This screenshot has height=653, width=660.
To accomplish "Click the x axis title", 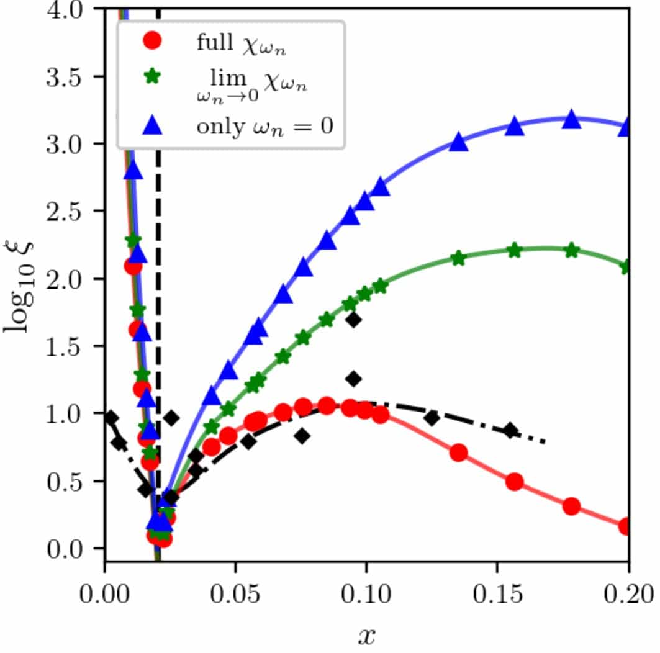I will click(x=367, y=634).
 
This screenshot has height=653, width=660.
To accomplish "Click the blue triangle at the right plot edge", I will click(x=626, y=127).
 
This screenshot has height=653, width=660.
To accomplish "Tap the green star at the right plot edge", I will click(x=626, y=266).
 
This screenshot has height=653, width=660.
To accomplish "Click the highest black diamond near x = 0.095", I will click(x=354, y=320).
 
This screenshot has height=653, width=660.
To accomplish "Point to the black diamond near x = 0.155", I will click(x=510, y=430).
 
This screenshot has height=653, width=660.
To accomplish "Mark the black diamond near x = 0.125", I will click(x=432, y=418).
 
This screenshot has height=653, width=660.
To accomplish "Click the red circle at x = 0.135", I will click(x=458, y=453).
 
